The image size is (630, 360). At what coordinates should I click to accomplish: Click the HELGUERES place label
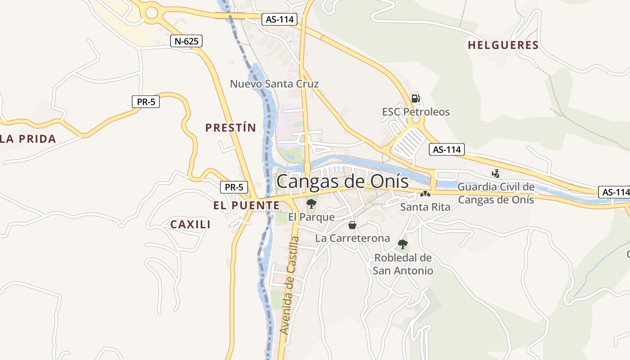(503, 45)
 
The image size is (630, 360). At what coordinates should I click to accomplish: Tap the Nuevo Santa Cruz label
(274, 84)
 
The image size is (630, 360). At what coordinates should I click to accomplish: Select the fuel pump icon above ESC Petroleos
(415, 98)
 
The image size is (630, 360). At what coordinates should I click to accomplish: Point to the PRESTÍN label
(230, 128)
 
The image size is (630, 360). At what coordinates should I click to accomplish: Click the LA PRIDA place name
(28, 139)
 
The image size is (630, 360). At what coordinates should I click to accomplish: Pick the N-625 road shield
(186, 41)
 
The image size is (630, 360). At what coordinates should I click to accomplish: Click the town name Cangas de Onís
(342, 181)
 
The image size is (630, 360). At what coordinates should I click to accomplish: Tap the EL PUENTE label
(246, 206)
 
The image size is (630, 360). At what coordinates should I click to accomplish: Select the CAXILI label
(190, 225)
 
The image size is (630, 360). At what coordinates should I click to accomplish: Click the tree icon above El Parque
(311, 204)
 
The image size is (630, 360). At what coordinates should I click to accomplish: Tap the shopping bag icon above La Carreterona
(352, 225)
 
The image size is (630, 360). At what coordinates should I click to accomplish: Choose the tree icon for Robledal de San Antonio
(403, 244)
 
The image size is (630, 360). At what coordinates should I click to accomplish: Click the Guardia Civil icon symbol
(495, 173)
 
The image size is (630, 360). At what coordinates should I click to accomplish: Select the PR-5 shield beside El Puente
(234, 187)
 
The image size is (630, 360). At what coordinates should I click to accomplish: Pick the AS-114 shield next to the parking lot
(446, 150)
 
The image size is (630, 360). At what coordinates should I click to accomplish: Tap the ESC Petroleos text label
(416, 112)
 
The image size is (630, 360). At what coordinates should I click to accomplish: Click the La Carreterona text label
(352, 238)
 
